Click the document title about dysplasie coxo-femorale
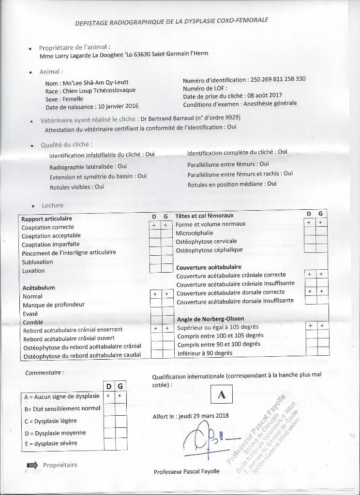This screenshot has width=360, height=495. (172, 21)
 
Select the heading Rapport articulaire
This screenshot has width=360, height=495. (47, 218)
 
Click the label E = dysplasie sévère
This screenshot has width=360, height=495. (50, 443)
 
